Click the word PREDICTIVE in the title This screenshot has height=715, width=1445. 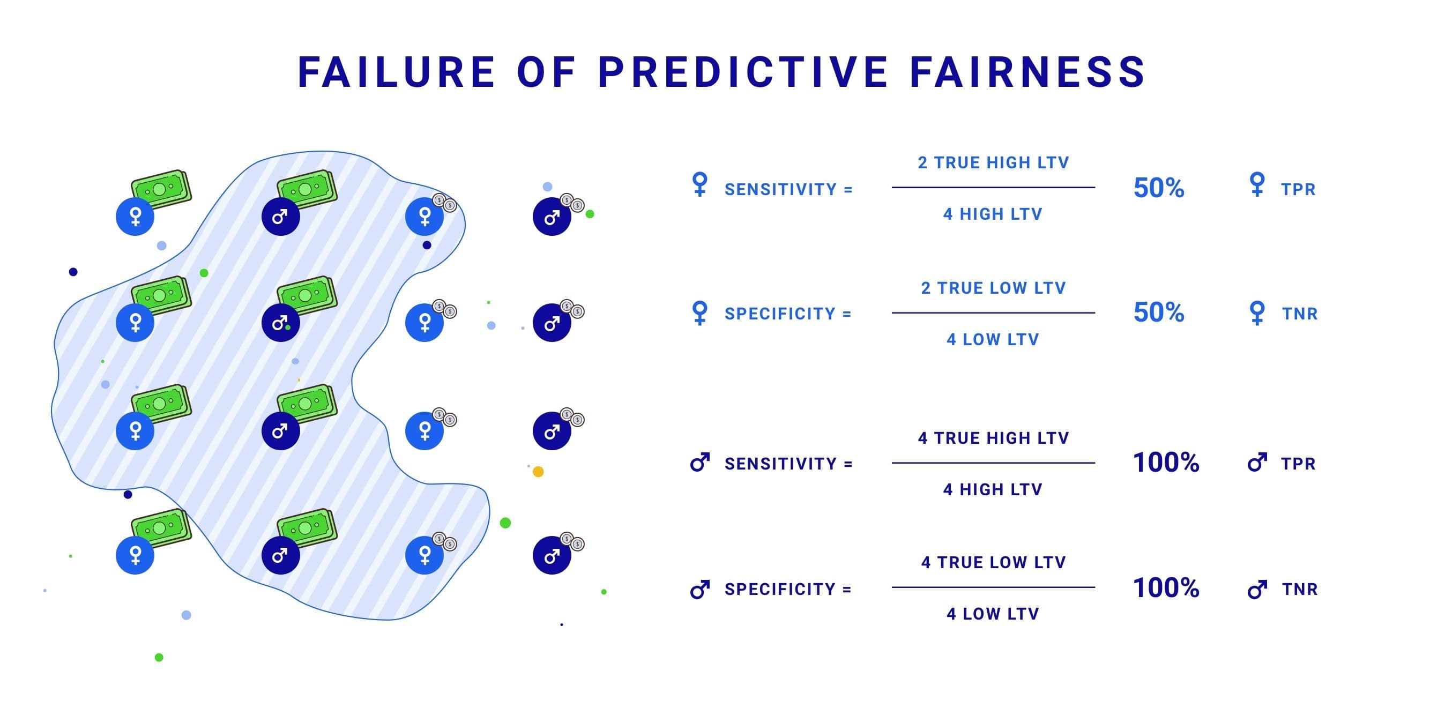tap(742, 72)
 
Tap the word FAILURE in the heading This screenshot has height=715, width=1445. tap(396, 72)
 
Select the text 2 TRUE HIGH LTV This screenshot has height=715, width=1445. tap(993, 162)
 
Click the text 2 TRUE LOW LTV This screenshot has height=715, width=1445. tap(993, 288)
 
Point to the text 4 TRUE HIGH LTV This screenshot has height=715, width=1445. tap(993, 438)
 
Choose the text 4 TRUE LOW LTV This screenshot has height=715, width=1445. tap(993, 562)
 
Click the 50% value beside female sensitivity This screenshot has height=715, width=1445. tap(1158, 188)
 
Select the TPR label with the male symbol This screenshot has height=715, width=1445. tap(1298, 464)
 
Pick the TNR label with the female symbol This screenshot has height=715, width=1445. tap(1299, 314)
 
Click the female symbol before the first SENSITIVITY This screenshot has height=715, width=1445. tap(699, 184)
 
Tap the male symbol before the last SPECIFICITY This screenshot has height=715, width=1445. tap(699, 590)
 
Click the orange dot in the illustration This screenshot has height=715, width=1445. tap(538, 472)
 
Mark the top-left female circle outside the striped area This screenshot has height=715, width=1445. tap(135, 217)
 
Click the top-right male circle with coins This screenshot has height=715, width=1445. tap(552, 217)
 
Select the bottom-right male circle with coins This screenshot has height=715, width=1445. tap(552, 555)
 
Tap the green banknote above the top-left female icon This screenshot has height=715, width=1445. tap(161, 189)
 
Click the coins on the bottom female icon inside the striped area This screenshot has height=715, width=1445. tap(445, 542)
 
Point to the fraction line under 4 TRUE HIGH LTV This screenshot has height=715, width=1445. tap(993, 463)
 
